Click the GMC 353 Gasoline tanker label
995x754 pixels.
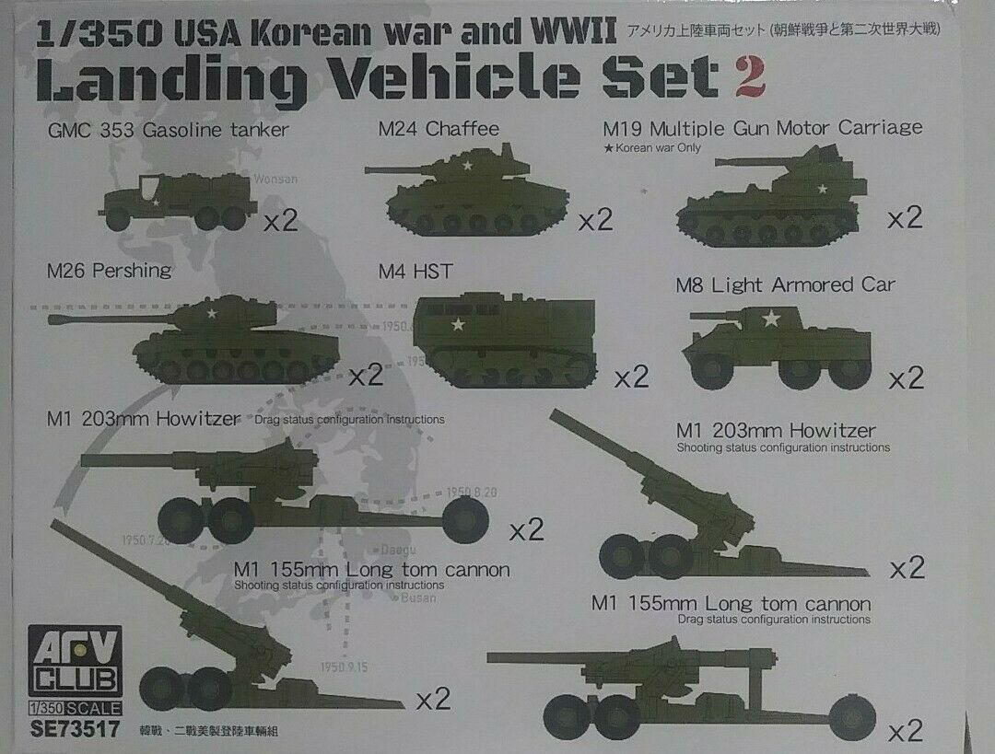click(x=168, y=130)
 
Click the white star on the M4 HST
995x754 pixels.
click(x=457, y=324)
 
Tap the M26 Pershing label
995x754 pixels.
click(x=109, y=270)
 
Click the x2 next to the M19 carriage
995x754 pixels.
click(x=905, y=218)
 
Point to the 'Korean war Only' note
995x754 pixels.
click(x=650, y=148)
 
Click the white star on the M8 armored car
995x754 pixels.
click(x=770, y=319)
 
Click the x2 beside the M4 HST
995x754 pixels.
click(x=632, y=377)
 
